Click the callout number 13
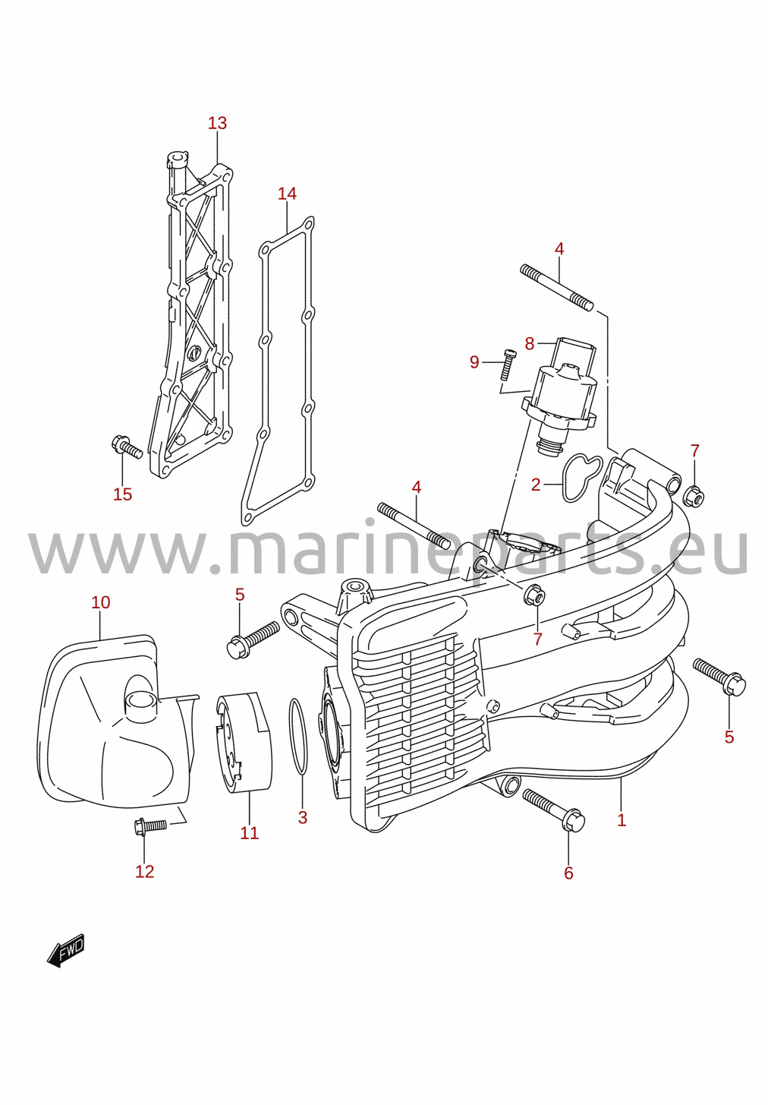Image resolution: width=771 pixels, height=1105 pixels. click(217, 123)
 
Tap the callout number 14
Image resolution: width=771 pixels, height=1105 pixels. click(287, 194)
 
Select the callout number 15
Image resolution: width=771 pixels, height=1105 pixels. click(123, 494)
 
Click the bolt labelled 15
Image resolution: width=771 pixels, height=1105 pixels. click(127, 447)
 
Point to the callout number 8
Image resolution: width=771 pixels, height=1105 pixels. click(530, 343)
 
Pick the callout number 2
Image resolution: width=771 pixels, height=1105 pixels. click(536, 485)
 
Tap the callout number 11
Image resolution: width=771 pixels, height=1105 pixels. click(250, 832)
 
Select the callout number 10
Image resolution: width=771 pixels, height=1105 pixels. click(101, 602)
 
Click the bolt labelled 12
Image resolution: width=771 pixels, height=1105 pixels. click(149, 826)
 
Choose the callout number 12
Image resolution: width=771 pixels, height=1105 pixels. click(144, 872)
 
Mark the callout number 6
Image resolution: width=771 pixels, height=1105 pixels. click(568, 873)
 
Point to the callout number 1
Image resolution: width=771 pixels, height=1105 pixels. click(622, 820)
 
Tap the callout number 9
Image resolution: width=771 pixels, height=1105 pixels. click(474, 362)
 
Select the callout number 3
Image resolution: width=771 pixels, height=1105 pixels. click(303, 817)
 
